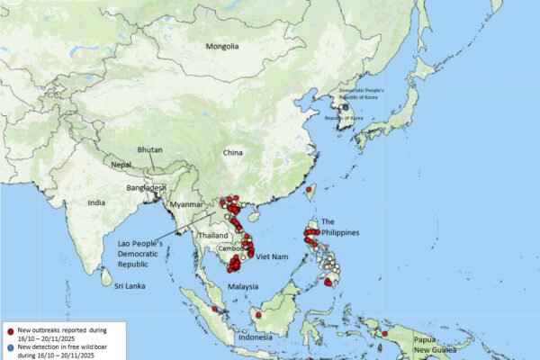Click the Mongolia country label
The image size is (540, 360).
[222, 47]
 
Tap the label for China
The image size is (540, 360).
[233, 153]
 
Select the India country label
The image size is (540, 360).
[96, 203]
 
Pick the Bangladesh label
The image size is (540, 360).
[146, 187]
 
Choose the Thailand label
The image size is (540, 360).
[213, 235]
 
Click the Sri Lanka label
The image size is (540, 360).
[130, 286]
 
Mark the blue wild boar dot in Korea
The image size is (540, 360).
[344, 108]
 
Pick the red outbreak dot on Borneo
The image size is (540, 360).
[258, 315]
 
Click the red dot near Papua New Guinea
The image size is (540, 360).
[384, 334]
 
